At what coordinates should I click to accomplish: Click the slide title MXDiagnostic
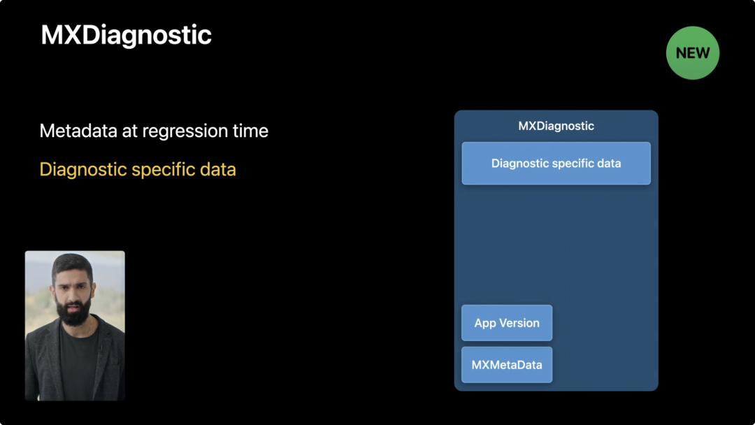(126, 35)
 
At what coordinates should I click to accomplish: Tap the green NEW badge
(692, 53)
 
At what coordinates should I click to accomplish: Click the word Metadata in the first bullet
(78, 131)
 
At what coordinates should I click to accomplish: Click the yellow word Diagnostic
(83, 170)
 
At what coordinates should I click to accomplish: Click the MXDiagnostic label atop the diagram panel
(556, 126)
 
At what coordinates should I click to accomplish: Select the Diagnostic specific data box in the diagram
(556, 163)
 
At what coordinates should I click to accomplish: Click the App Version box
(507, 323)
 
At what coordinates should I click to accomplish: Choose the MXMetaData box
(507, 365)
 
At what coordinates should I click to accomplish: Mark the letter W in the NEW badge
(703, 53)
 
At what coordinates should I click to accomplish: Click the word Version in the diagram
(519, 323)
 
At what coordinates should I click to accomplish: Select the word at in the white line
(129, 131)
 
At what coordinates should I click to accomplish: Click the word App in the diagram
(485, 324)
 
